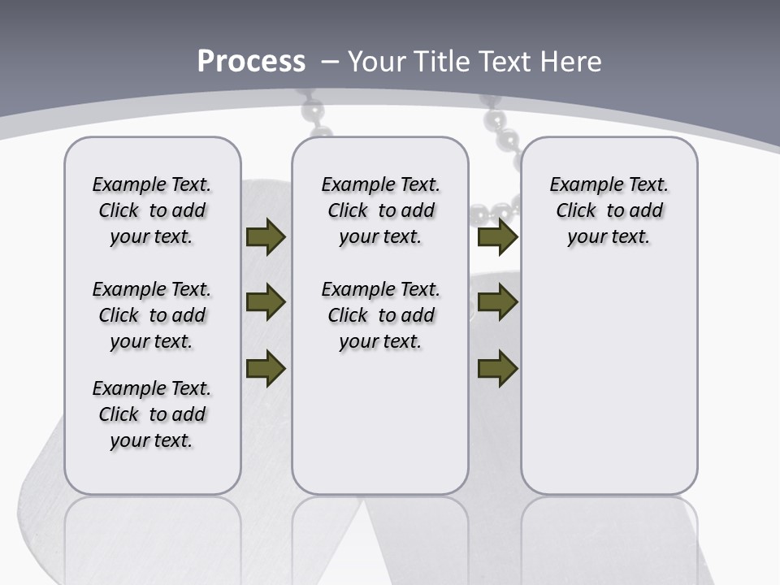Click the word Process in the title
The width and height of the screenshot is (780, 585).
[x=251, y=62]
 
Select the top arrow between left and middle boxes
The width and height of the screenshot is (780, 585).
[x=265, y=237]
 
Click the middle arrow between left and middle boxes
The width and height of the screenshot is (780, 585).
[x=265, y=303]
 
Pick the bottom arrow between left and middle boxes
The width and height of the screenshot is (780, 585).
[x=265, y=368]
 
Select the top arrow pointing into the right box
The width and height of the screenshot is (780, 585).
[x=497, y=237]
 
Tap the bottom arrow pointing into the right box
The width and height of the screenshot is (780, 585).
[x=497, y=369]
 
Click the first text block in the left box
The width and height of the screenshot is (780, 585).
[x=152, y=210]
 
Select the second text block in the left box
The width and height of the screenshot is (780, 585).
[x=152, y=315]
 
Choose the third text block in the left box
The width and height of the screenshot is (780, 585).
[x=152, y=414]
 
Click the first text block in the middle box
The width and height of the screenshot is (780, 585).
[x=381, y=210]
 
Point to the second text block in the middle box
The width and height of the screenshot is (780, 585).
[x=381, y=315]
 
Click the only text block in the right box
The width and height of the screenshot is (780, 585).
[x=609, y=210]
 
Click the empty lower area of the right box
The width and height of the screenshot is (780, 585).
[x=609, y=382]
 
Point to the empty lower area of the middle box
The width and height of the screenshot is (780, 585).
[x=380, y=422]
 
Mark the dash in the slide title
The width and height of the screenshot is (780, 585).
[x=330, y=62]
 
